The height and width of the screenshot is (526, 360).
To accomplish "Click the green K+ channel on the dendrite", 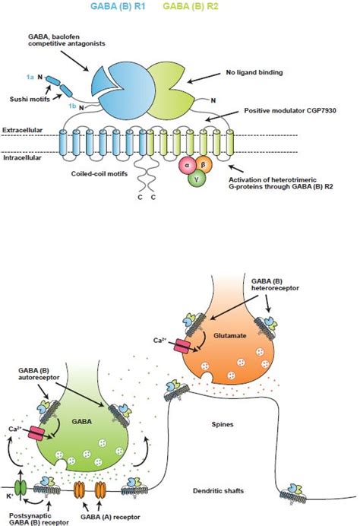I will click(22, 482).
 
